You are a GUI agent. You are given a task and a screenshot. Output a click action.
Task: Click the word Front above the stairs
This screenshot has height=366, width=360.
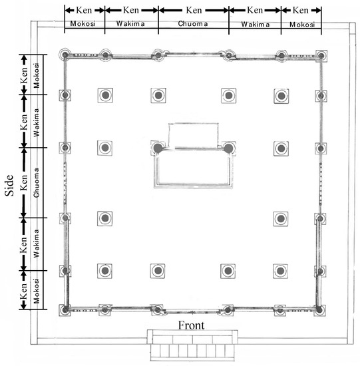[x=191, y=325]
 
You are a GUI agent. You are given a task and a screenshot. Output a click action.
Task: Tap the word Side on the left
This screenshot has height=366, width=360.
[x=9, y=186]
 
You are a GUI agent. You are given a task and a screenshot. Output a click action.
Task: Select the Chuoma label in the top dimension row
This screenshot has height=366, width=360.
[x=193, y=23]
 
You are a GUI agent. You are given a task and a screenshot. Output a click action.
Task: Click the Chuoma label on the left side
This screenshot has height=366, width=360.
[x=37, y=182]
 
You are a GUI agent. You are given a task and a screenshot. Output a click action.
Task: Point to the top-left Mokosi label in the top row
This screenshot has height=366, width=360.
[x=83, y=23]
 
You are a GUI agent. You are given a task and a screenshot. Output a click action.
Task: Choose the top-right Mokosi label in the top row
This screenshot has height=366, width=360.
[x=302, y=25]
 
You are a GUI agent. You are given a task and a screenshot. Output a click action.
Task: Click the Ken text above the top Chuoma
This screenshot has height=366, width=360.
[x=194, y=10]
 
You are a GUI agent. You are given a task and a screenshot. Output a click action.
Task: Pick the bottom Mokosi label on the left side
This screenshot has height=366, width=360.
[x=37, y=291]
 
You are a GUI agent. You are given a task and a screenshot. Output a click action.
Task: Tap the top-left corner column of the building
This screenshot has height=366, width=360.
[x=65, y=55]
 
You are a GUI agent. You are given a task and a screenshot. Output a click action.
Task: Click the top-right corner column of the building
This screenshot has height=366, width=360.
[x=321, y=56]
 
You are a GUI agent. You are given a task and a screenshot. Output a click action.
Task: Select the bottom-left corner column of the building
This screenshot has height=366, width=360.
[x=65, y=310]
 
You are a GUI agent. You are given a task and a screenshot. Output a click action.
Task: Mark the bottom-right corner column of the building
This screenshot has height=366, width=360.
[x=319, y=311]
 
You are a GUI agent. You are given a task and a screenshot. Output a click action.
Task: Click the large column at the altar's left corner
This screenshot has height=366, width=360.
[x=158, y=148]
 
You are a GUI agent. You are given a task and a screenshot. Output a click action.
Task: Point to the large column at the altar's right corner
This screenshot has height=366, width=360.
[x=228, y=148]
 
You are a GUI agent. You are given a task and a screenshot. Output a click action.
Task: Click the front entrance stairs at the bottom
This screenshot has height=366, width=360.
[x=192, y=345]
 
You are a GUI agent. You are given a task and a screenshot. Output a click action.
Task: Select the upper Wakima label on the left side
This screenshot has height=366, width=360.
[x=37, y=122]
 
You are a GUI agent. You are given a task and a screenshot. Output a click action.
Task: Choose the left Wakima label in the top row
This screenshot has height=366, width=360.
[x=130, y=23]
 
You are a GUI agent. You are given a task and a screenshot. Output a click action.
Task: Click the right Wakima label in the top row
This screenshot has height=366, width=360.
[x=255, y=25]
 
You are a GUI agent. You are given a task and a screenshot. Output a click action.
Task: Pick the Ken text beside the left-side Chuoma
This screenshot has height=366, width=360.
[x=24, y=182]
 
